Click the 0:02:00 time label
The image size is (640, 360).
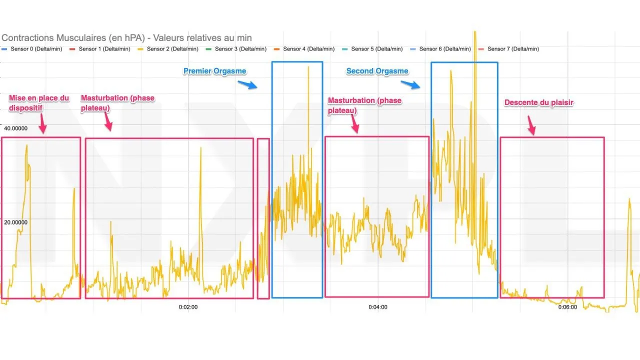(188, 307)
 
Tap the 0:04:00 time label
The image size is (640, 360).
(377, 307)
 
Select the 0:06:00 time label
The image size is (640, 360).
(567, 307)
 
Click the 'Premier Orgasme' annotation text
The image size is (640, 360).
(214, 71)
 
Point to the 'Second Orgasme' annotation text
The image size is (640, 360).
(377, 71)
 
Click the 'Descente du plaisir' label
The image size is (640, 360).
(538, 102)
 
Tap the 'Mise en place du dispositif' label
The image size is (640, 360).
(39, 102)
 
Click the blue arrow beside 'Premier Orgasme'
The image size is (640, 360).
(247, 84)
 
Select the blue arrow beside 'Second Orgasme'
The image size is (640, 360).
(410, 84)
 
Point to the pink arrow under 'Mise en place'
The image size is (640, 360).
(42, 123)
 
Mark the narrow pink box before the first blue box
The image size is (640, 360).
(263, 218)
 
